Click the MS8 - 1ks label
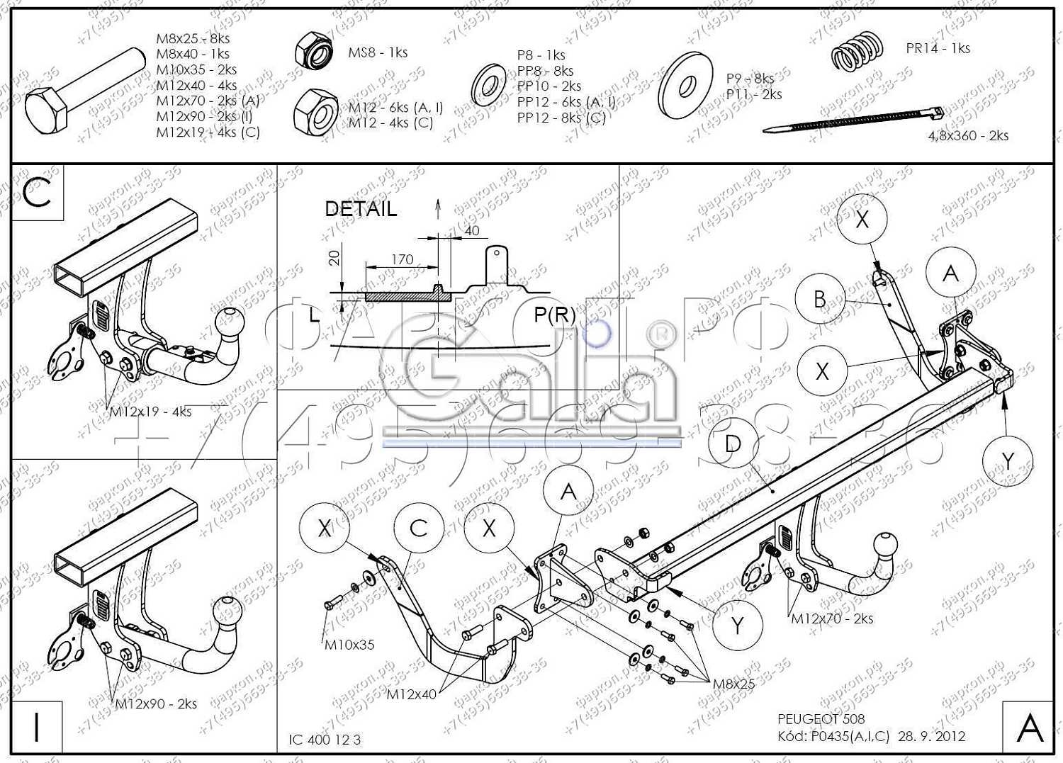(377, 52)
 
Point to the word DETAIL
(361, 209)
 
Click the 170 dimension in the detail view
(402, 259)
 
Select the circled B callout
(820, 299)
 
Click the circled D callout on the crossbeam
(733, 444)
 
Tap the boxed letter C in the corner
(37, 192)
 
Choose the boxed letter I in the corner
(36, 728)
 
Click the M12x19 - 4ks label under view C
(150, 412)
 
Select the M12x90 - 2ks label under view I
(156, 703)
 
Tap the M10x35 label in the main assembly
(349, 645)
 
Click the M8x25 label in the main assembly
(733, 684)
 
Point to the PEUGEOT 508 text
(821, 720)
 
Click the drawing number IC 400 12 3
(325, 740)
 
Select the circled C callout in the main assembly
(419, 529)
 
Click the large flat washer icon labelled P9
(685, 86)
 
